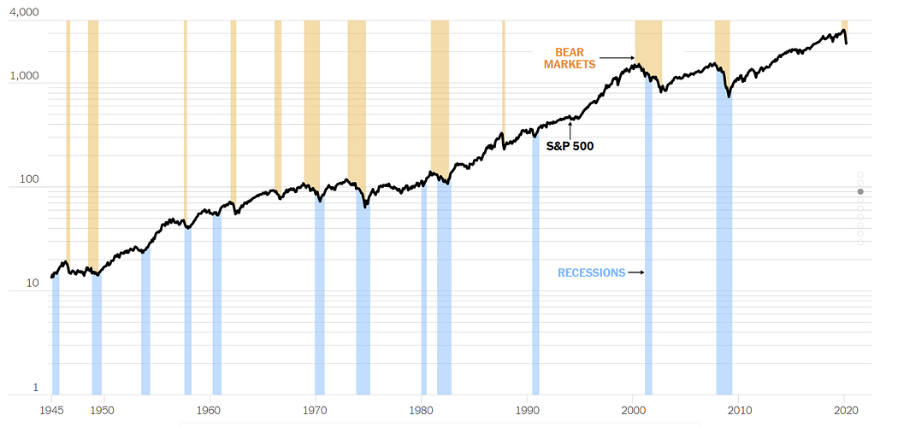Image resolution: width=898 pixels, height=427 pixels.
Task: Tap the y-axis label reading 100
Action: (29, 181)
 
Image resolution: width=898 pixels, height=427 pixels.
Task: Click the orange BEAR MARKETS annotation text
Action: (569, 58)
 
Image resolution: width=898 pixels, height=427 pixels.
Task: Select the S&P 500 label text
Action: (570, 146)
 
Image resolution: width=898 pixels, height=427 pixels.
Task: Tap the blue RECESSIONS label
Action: (591, 273)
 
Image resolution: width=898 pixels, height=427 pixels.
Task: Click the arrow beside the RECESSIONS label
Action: (635, 273)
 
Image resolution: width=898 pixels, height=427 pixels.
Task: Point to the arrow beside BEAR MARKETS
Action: (617, 58)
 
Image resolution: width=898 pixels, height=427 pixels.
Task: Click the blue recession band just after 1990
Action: (535, 256)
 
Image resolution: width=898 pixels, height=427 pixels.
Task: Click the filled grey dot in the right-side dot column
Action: (860, 191)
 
